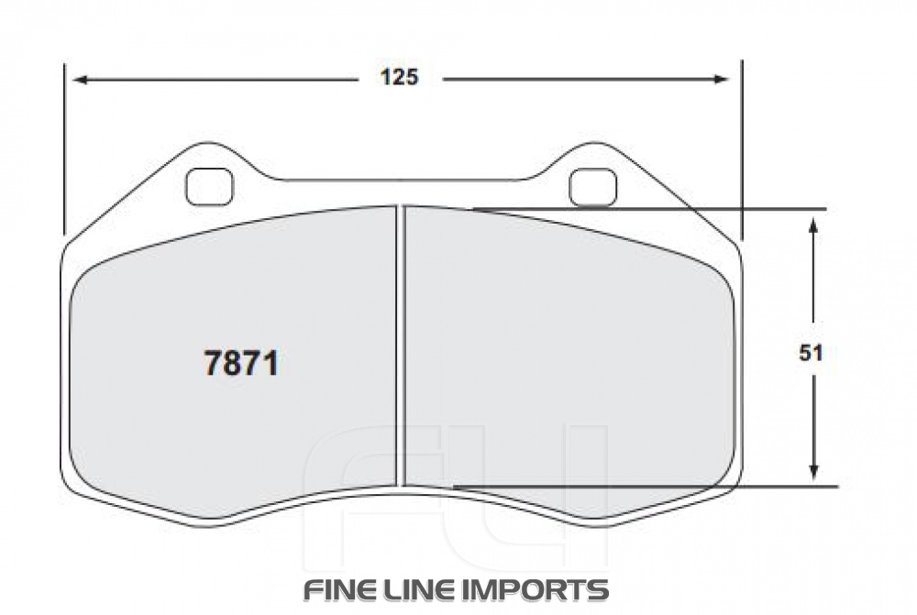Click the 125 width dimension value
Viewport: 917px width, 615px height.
click(x=399, y=78)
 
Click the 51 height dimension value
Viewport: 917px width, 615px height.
click(x=810, y=353)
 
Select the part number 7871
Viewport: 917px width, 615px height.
click(x=240, y=365)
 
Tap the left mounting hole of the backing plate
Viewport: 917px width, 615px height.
click(x=210, y=187)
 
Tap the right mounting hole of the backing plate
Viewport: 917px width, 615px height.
click(x=592, y=187)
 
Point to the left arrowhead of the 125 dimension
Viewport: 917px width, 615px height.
click(x=79, y=80)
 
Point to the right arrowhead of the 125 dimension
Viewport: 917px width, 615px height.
click(x=722, y=80)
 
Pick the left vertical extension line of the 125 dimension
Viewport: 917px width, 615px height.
click(x=64, y=147)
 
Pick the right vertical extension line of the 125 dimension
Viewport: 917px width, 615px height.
click(x=741, y=147)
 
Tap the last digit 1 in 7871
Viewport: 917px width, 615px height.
click(x=270, y=365)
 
